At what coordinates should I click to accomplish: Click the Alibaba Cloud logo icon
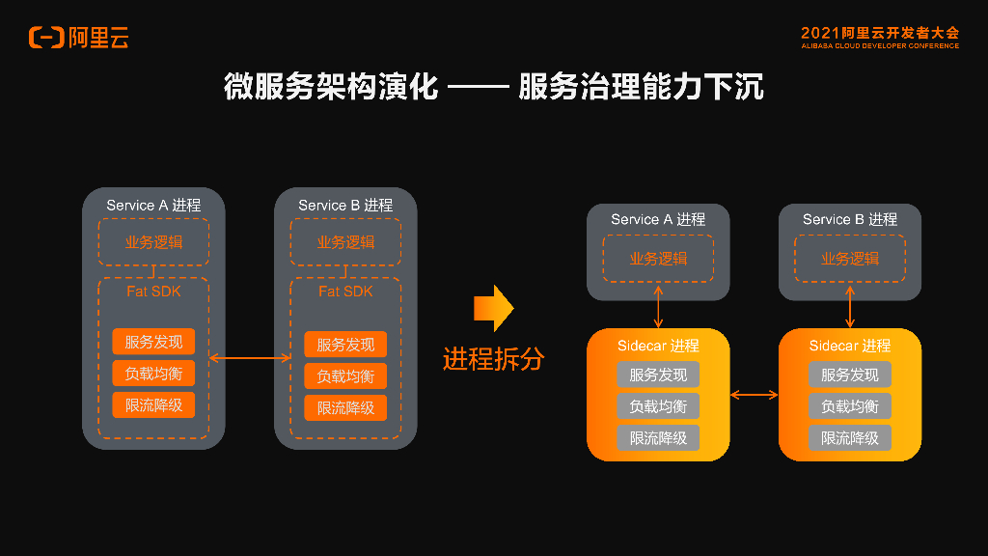[x=45, y=38]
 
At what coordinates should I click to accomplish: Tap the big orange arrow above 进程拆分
[x=493, y=308]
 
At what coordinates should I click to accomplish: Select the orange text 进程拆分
[x=493, y=359]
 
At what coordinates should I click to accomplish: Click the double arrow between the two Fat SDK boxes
[x=250, y=358]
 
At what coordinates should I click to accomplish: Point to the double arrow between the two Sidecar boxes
[x=755, y=394]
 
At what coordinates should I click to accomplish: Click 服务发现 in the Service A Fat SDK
[x=153, y=342]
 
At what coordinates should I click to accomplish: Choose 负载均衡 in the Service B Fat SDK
[x=345, y=375]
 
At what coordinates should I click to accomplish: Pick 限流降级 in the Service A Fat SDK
[x=153, y=405]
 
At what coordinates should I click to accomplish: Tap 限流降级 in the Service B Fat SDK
[x=345, y=407]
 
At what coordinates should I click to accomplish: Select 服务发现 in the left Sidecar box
[x=658, y=375]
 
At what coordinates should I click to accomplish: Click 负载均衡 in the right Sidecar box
[x=849, y=406]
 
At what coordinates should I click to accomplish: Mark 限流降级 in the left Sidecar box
[x=658, y=437]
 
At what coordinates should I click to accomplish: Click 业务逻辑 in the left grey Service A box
[x=153, y=242]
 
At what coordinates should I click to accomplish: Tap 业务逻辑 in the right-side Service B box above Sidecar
[x=849, y=259]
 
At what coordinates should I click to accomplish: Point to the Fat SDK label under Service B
[x=345, y=291]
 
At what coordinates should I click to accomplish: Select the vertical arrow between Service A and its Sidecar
[x=658, y=306]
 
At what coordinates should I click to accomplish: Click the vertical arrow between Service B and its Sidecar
[x=849, y=306]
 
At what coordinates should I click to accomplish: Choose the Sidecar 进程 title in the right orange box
[x=849, y=346]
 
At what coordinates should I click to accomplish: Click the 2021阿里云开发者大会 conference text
[x=879, y=33]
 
